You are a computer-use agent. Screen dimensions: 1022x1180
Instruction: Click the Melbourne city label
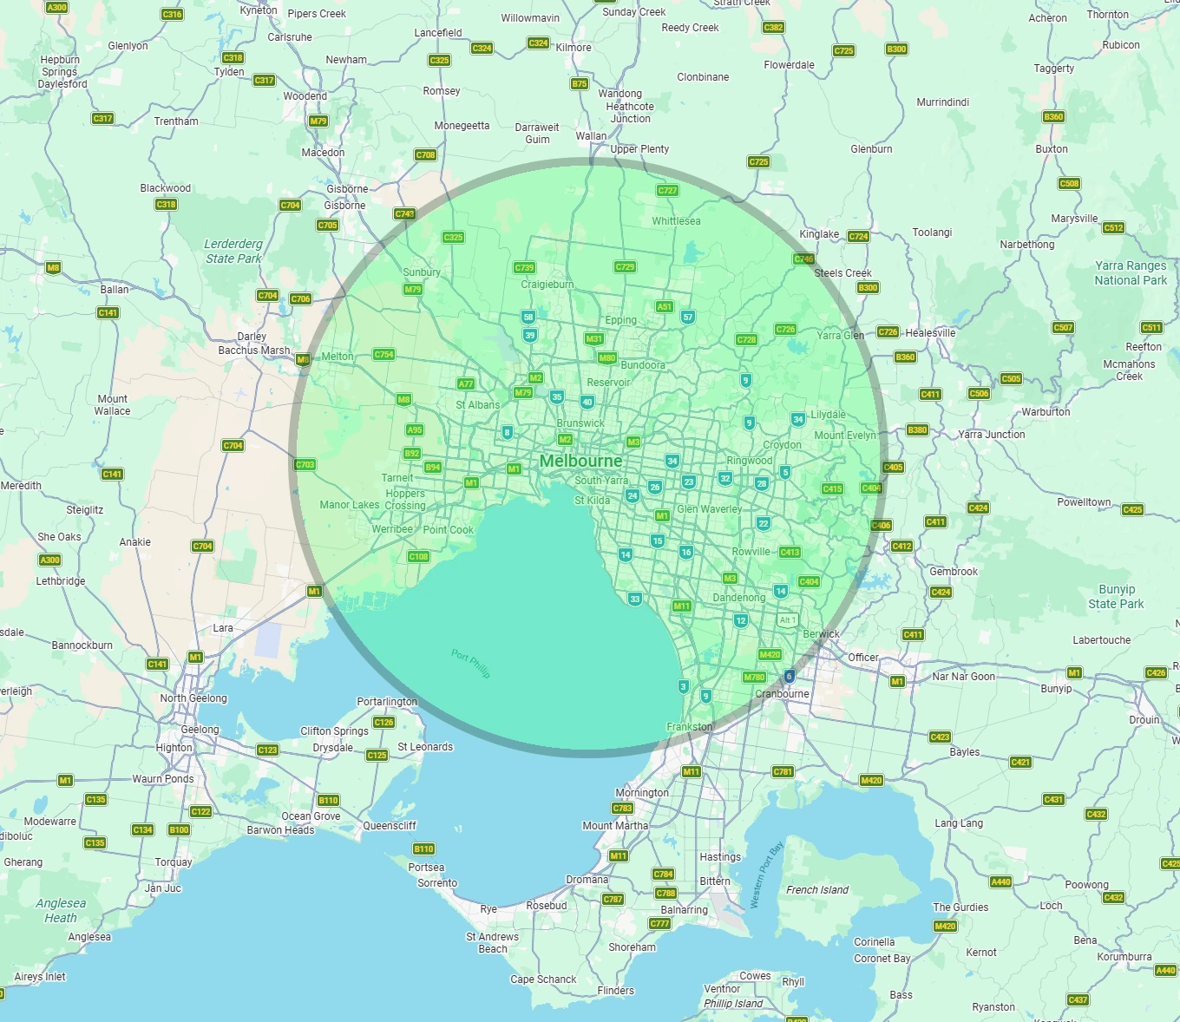(580, 461)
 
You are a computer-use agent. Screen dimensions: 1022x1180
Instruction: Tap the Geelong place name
(200, 730)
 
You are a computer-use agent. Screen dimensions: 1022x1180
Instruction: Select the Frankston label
(690, 727)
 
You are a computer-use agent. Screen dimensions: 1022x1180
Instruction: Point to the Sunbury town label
(422, 272)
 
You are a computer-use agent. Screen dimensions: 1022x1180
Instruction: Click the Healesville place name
(930, 332)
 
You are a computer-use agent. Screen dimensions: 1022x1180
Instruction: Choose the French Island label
(817, 890)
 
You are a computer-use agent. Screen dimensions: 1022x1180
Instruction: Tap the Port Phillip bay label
(470, 664)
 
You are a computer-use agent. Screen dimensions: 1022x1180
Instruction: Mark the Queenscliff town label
(390, 826)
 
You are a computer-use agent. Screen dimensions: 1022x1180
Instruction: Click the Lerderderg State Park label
(233, 251)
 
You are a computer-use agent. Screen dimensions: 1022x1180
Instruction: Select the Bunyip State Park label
(1116, 596)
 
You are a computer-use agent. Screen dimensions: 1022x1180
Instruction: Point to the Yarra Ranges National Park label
(1131, 272)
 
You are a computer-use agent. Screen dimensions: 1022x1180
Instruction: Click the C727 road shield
(667, 190)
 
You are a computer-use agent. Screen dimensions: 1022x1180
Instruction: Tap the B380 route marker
(917, 429)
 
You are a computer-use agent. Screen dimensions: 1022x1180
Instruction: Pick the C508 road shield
(1069, 183)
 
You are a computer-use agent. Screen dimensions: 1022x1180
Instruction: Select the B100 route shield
(179, 829)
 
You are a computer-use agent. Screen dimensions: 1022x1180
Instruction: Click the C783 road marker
(622, 808)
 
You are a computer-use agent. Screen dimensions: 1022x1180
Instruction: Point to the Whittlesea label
(676, 221)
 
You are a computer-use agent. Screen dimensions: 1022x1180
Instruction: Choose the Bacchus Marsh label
(254, 350)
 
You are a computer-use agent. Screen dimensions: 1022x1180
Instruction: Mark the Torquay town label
(174, 862)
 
